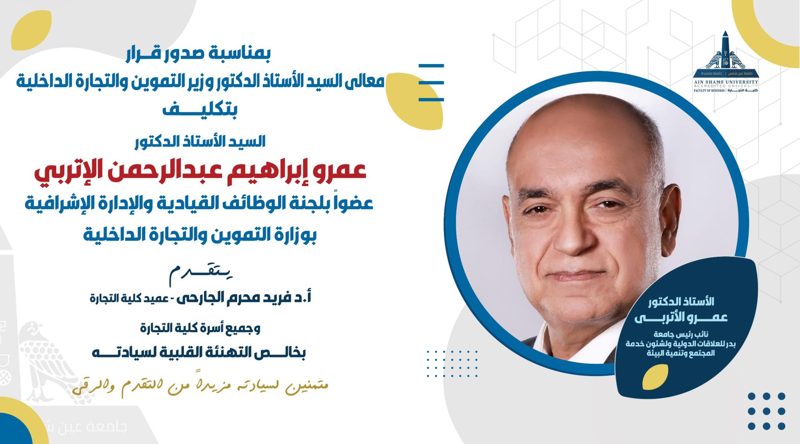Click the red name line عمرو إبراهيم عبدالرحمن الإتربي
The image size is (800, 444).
tap(200, 171)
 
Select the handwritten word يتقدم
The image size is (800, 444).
tap(201, 274)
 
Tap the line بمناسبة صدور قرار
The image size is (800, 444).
tap(198, 55)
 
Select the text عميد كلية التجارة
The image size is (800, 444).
tap(129, 299)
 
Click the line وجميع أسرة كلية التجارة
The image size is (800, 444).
tap(200, 329)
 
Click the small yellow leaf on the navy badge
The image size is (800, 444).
tap(655, 377)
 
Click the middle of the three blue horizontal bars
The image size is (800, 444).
tap(431, 83)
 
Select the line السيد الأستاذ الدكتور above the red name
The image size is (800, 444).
tap(200, 142)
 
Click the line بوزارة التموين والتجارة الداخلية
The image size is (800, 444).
tap(200, 235)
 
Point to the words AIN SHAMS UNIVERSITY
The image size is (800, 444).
tap(726, 82)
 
